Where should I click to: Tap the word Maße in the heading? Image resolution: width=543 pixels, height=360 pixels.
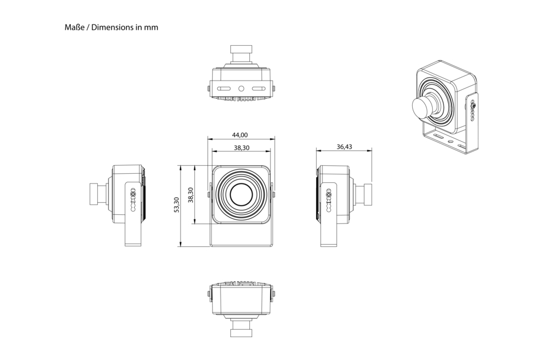(x=75, y=27)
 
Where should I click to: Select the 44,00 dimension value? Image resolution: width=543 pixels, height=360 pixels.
(x=240, y=135)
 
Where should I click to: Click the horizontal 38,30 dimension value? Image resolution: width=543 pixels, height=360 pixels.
(x=241, y=147)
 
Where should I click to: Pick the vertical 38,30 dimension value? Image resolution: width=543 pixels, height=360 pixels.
(x=190, y=195)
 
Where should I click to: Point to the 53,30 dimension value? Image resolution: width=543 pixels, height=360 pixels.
(x=176, y=205)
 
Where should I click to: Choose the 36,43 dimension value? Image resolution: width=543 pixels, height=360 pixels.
(x=344, y=147)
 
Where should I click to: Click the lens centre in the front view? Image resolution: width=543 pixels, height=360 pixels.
(x=241, y=195)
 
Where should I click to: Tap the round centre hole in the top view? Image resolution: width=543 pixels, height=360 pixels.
(x=241, y=89)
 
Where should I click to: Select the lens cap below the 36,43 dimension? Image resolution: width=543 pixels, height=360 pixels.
(x=367, y=195)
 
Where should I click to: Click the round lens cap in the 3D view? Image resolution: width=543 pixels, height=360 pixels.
(x=422, y=107)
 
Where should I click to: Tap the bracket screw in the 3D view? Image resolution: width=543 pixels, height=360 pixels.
(x=473, y=104)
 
